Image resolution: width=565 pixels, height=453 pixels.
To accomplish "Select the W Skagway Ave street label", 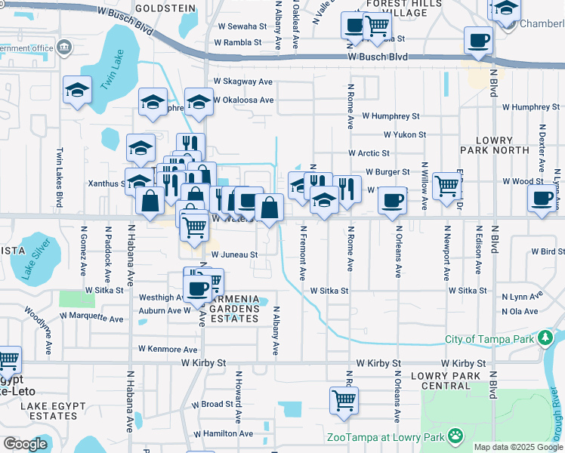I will tap(242, 82).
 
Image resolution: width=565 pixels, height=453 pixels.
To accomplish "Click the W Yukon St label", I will tap(405, 135).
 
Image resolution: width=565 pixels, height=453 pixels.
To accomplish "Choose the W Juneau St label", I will tap(234, 255).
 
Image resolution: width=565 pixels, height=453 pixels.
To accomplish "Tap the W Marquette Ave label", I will tap(92, 319).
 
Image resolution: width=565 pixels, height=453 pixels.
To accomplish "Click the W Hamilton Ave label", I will tap(225, 434).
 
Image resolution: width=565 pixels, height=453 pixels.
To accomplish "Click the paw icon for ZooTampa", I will tap(455, 436).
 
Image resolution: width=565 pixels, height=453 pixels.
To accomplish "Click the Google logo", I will tap(26, 444).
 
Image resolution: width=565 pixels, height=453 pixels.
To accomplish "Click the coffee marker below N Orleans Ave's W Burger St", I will tap(392, 201).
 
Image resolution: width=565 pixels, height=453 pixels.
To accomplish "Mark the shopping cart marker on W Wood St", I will tap(448, 184).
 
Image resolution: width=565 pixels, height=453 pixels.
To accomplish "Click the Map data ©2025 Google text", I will tap(517, 447).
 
